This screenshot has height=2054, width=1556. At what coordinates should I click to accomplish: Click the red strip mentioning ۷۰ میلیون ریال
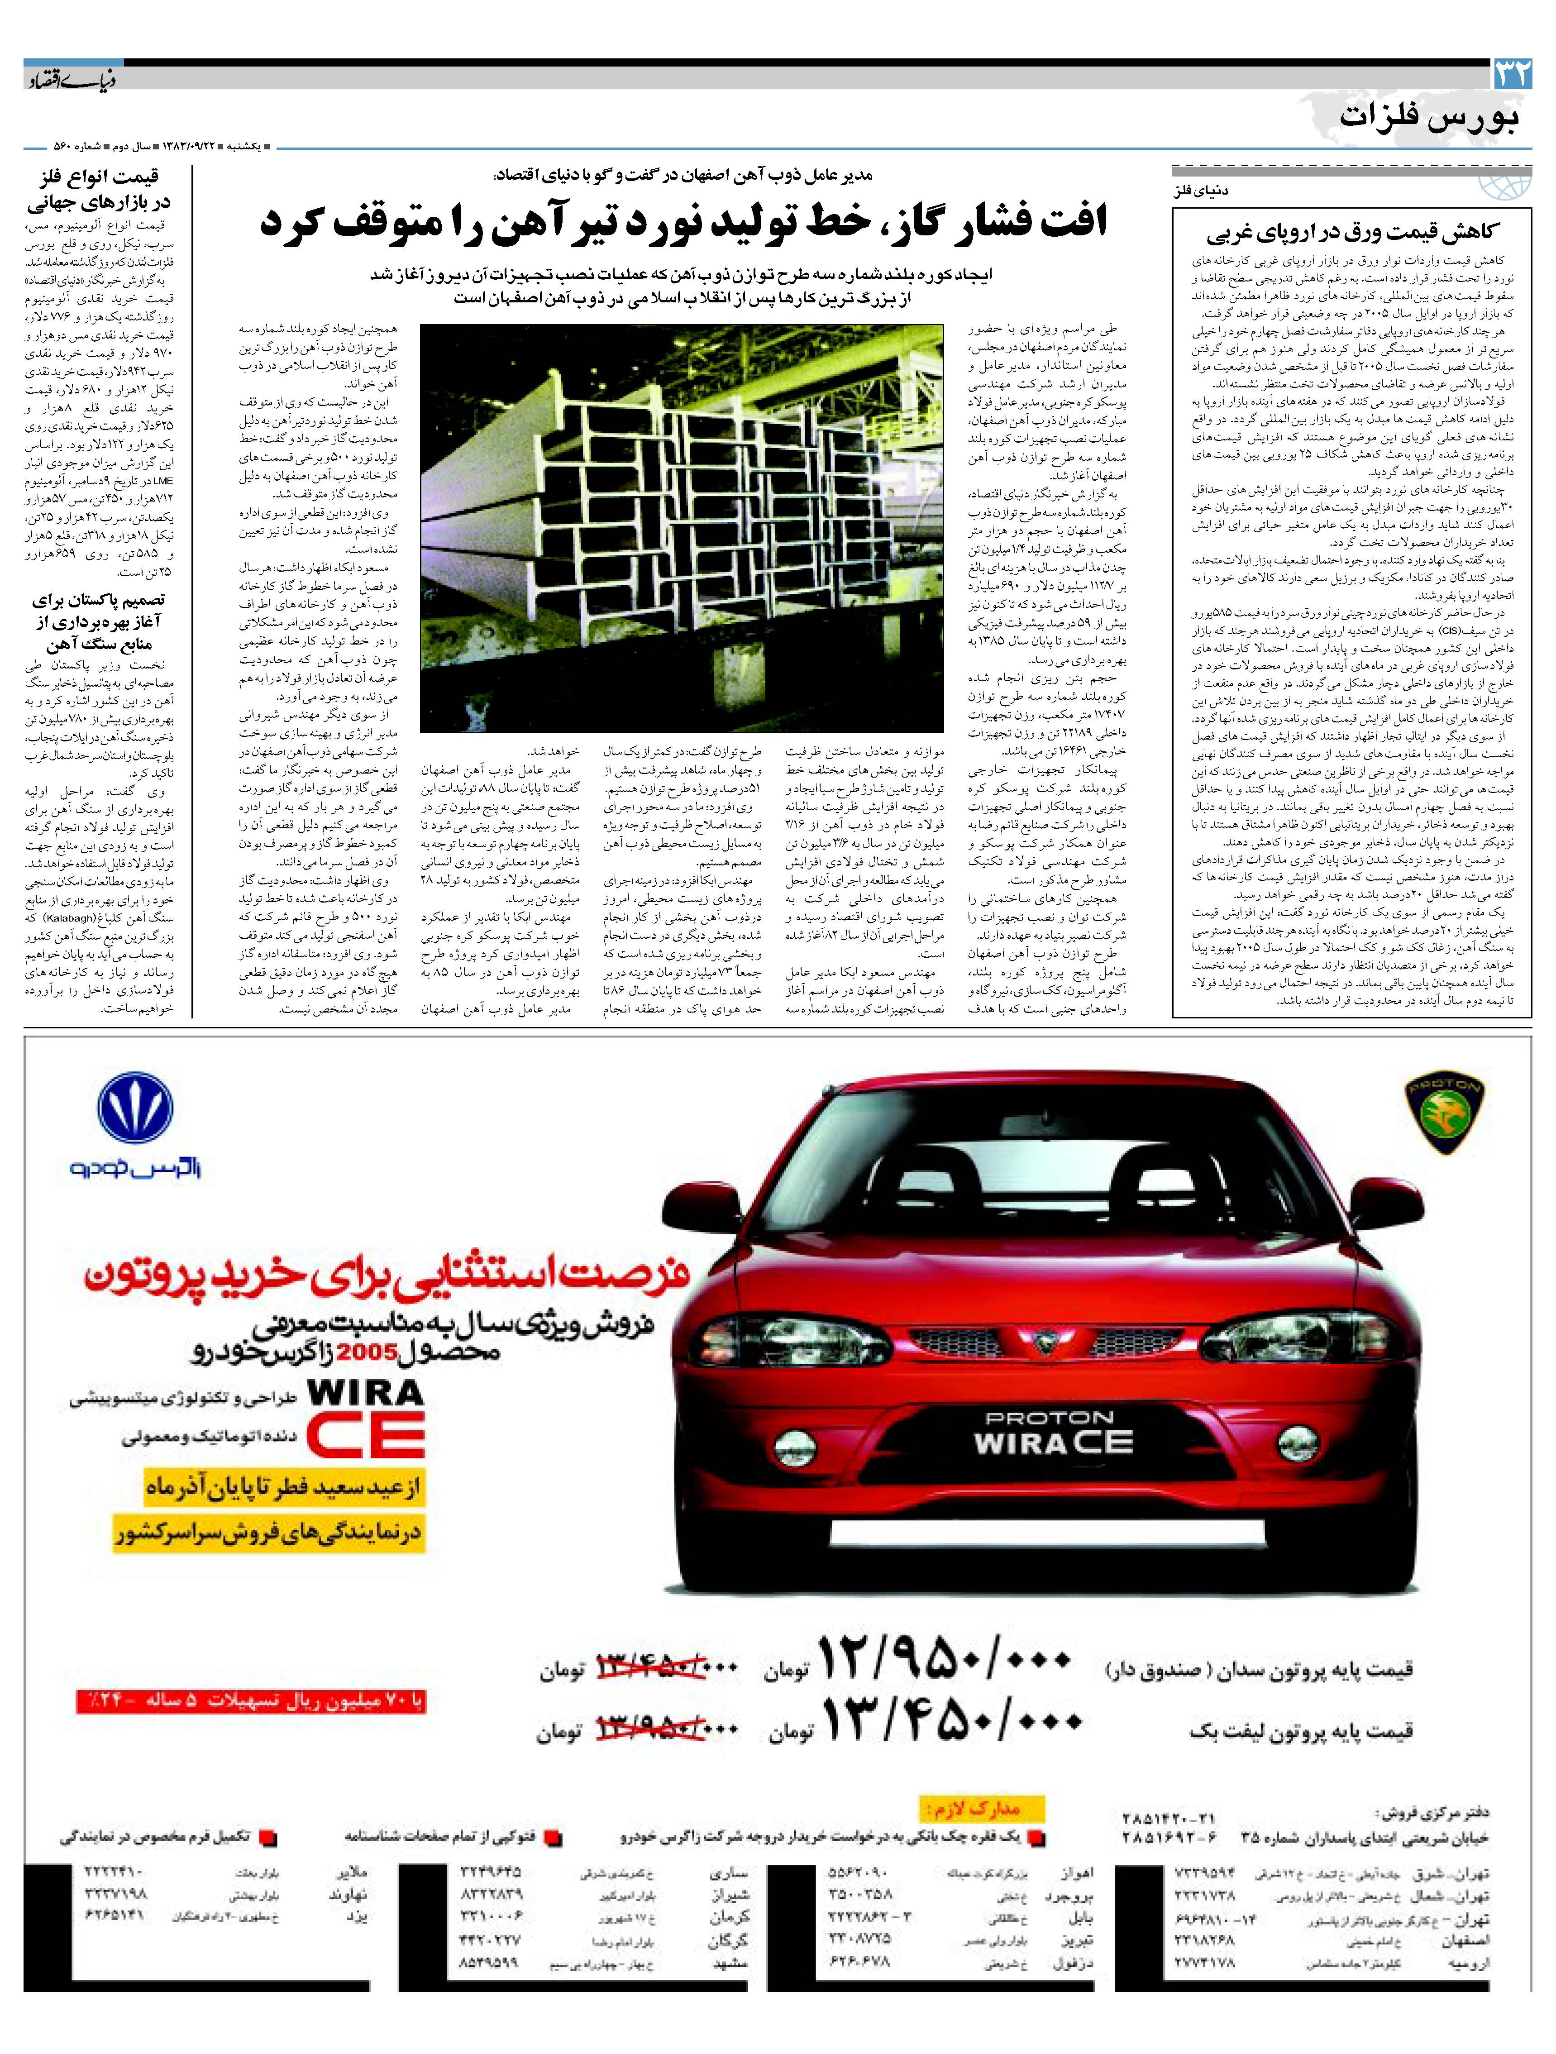tap(251, 1701)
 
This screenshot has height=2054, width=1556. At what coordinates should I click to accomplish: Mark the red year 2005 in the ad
tap(367, 1353)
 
